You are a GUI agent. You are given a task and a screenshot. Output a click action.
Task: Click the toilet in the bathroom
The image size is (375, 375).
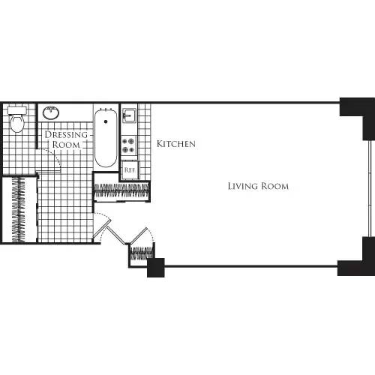pyautogui.click(x=17, y=119)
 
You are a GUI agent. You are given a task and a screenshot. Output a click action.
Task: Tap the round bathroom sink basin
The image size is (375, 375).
pyautogui.click(x=52, y=114)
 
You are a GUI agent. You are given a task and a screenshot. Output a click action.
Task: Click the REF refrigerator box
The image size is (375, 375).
pyautogui.click(x=130, y=169)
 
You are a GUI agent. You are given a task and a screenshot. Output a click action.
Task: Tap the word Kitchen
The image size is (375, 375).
pyautogui.click(x=176, y=143)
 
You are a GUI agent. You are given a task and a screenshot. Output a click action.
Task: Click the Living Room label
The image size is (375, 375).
pyautogui.click(x=258, y=185)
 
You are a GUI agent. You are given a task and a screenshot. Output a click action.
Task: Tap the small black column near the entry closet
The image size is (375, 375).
pyautogui.click(x=156, y=267)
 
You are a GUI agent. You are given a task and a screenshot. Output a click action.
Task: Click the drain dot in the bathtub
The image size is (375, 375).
pyautogui.click(x=105, y=119)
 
